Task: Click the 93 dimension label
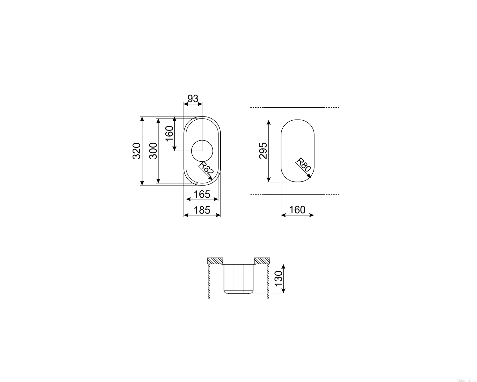(193, 99)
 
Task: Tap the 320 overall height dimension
(136, 151)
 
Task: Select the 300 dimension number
(153, 151)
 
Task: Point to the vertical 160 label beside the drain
(169, 133)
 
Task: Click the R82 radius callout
(206, 169)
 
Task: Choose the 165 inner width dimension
(202, 195)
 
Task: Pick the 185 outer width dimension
(202, 210)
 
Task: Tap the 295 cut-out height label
(263, 151)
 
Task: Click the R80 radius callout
(304, 165)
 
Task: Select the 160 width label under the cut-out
(297, 210)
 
